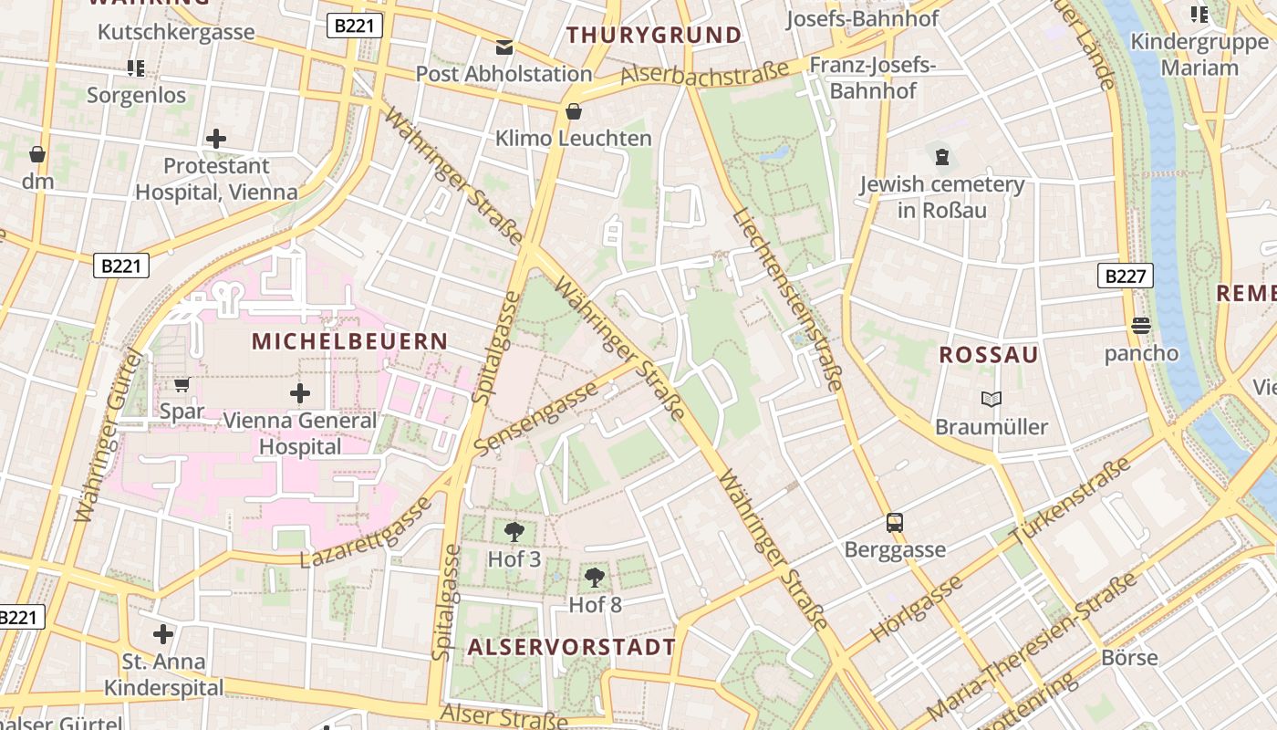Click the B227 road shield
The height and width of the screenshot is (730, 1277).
(x=1125, y=276)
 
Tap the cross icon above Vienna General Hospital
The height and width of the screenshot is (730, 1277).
(x=299, y=393)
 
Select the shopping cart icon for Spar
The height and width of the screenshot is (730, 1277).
(x=182, y=385)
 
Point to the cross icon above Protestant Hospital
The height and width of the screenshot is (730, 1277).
(x=216, y=139)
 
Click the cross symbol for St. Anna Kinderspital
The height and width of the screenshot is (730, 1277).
(x=163, y=633)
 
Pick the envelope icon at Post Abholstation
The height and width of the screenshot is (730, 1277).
(x=504, y=47)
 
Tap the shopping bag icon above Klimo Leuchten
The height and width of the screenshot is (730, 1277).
(x=574, y=111)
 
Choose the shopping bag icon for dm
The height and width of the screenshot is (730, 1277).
(x=37, y=154)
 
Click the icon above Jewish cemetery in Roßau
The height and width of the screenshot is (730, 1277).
(x=941, y=157)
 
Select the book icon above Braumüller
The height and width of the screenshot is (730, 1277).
(x=991, y=399)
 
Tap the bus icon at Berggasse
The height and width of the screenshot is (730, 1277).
(x=895, y=523)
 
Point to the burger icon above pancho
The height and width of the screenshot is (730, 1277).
(x=1140, y=326)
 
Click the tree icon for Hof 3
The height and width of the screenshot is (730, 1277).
(x=514, y=531)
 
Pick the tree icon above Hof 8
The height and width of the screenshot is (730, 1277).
(x=595, y=577)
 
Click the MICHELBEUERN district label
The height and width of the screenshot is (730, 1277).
(x=350, y=341)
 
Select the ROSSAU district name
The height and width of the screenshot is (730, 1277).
(x=989, y=355)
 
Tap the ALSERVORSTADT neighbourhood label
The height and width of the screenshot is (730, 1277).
(x=572, y=647)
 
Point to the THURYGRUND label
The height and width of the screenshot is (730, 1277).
(x=654, y=36)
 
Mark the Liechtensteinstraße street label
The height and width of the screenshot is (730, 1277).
(x=786, y=300)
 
